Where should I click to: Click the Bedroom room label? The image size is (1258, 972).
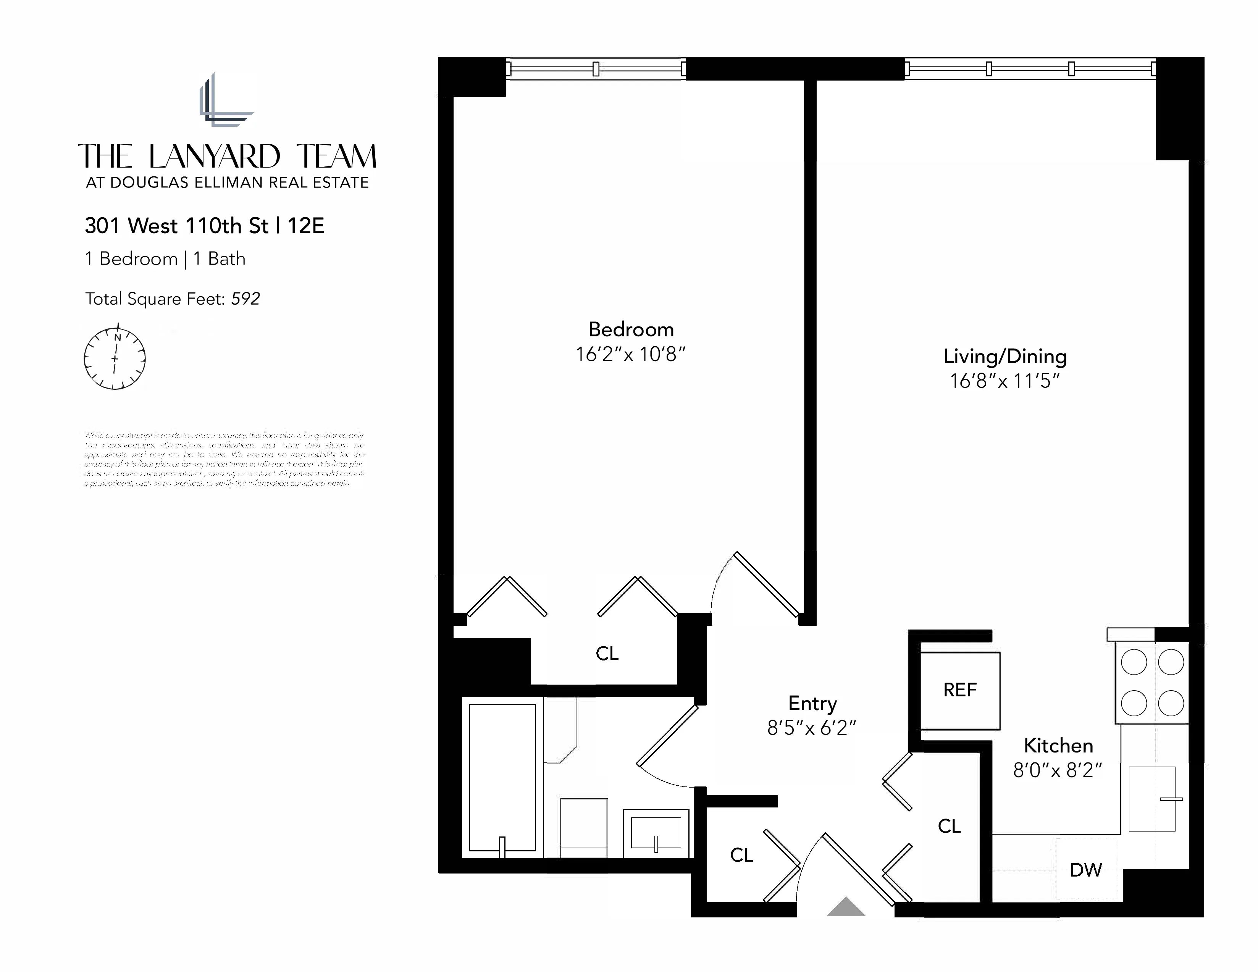pos(631,329)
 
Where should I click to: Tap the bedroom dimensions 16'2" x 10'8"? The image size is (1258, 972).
pos(631,354)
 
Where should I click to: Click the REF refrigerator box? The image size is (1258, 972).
pos(959,690)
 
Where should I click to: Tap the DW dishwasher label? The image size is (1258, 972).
pos(1086,870)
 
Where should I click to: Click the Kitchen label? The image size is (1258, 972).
pos(1058,746)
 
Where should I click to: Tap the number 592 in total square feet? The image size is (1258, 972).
pos(245,299)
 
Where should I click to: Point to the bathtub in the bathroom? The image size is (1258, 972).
pos(502,777)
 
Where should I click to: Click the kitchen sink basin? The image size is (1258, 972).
pos(1151,799)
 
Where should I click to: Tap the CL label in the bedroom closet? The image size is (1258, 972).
pos(607,654)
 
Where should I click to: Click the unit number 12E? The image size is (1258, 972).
pos(305,226)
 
